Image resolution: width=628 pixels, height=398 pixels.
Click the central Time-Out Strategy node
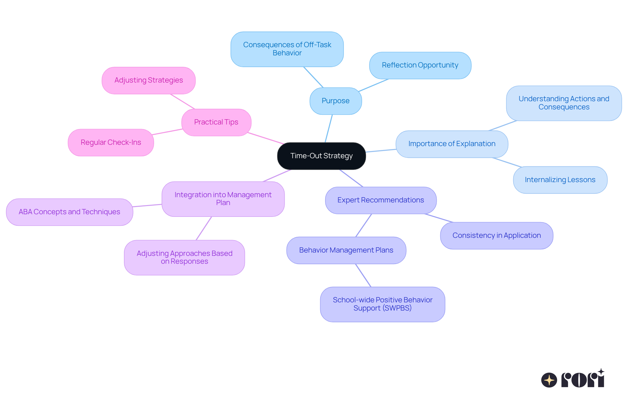coord(321,156)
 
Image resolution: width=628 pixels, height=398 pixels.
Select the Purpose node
coord(336,101)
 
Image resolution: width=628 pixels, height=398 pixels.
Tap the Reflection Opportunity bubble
coord(420,65)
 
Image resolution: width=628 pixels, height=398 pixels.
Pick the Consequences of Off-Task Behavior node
coord(287,49)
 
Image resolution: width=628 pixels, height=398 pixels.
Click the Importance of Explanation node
coord(452,144)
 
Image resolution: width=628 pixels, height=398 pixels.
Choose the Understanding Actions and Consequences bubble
coord(564,103)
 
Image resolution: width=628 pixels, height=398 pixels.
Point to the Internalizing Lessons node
coord(560,180)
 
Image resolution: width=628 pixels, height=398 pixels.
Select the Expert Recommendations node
coord(380,200)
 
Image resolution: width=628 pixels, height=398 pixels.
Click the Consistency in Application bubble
coord(497,236)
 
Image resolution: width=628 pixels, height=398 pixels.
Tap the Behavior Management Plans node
coord(346,250)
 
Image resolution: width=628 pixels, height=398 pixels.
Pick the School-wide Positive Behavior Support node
coord(382,304)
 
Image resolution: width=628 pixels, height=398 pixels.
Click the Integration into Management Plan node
coord(223,199)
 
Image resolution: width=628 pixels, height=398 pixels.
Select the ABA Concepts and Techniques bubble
coord(69,212)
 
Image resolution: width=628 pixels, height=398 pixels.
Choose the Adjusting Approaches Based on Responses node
coord(184,257)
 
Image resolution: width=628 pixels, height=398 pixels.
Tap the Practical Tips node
coord(216,122)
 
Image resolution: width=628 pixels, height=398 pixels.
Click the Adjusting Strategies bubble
coord(148,80)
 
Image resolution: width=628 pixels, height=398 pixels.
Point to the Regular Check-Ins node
coord(111,142)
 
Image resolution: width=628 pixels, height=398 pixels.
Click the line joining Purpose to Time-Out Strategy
coord(329,128)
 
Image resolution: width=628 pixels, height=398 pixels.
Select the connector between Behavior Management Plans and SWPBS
coord(363,275)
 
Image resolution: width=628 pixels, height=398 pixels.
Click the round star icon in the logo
coord(549,380)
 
